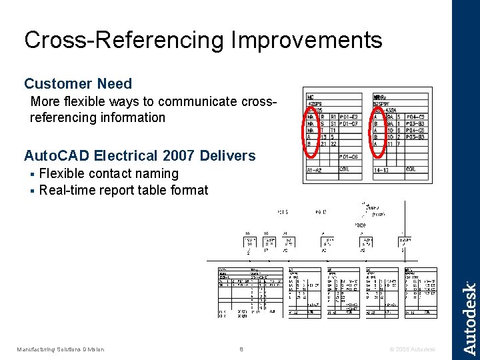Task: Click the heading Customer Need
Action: (x=78, y=84)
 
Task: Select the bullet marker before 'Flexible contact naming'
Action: (x=32, y=175)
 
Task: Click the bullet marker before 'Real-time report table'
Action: (x=32, y=191)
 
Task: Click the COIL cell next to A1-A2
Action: (x=345, y=169)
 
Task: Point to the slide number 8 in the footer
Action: (x=241, y=349)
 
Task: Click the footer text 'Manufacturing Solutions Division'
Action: (x=61, y=349)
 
